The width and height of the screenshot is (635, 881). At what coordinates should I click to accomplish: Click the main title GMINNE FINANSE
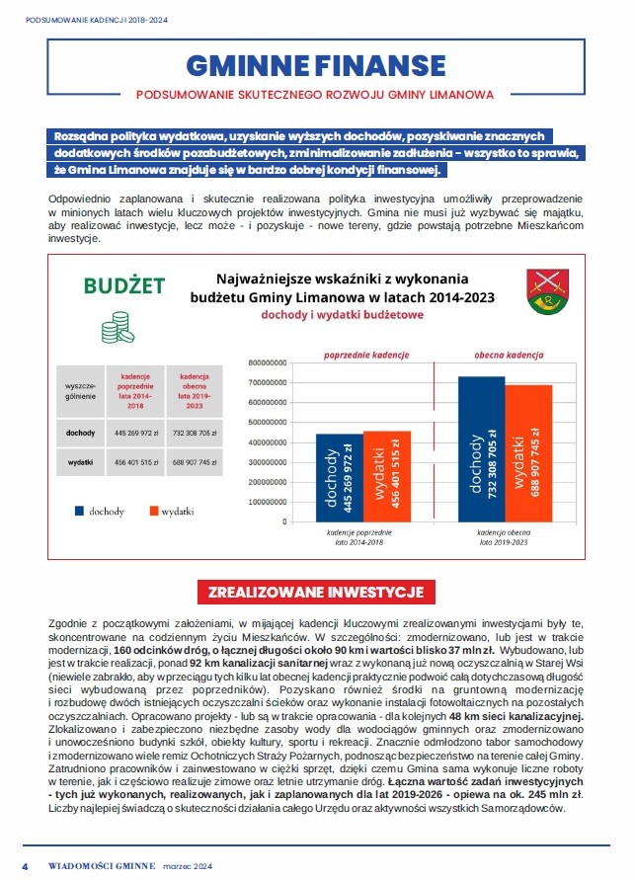(x=316, y=64)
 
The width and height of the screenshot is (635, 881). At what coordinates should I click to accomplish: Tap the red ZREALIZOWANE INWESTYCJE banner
(x=316, y=592)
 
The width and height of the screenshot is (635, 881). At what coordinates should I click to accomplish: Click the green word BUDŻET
(x=124, y=286)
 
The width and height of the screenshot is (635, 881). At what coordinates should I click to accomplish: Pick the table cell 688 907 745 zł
(x=194, y=461)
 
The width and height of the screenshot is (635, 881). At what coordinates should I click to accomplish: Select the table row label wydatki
(x=80, y=461)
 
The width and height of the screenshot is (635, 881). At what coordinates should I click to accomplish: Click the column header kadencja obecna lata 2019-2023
(x=194, y=390)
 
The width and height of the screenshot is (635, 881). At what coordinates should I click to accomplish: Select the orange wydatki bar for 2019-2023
(x=528, y=453)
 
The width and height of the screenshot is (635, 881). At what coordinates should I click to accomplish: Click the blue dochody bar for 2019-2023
(x=481, y=448)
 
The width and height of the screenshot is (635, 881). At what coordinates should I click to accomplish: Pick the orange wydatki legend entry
(x=171, y=512)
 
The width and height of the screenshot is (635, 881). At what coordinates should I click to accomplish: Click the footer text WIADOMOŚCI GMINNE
(x=103, y=865)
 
